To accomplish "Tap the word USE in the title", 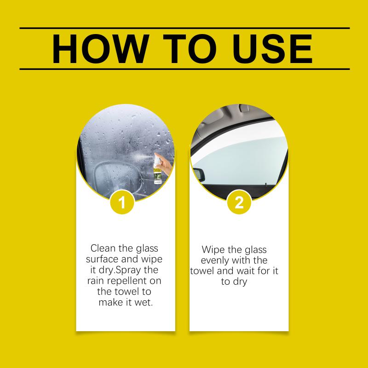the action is [272, 49].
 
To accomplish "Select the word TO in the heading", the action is [190, 49].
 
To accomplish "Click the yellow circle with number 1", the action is [122, 202].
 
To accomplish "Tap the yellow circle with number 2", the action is [239, 202].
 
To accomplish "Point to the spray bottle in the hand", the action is [157, 169].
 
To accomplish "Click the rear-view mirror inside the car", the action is [199, 174].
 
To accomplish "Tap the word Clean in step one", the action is [102, 248].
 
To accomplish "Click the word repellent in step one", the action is [126, 281].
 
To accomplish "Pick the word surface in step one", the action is [102, 259].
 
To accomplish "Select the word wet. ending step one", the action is [144, 302].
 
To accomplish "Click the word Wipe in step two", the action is [213, 250].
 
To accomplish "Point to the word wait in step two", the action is [246, 271].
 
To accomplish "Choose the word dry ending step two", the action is [240, 282].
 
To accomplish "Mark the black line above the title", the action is [185, 28].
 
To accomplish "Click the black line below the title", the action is [185, 69].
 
